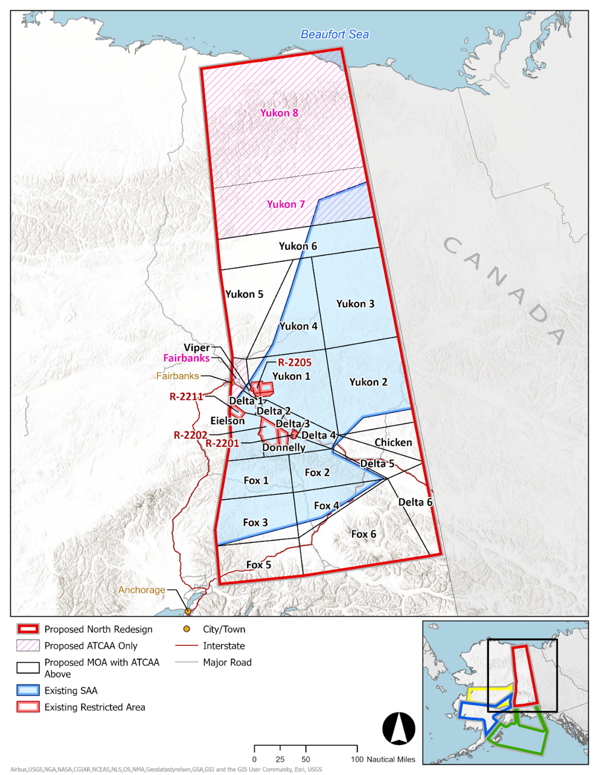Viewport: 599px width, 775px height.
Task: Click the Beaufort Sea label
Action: click(334, 34)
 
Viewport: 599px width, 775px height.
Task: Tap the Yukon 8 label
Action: click(279, 113)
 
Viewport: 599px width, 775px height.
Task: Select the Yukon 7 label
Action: click(286, 204)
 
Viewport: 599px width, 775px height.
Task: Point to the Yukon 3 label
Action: click(355, 304)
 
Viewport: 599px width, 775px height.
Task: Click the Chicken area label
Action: click(393, 442)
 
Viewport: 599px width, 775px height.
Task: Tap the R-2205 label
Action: click(295, 363)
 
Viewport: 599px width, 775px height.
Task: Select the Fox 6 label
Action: click(364, 534)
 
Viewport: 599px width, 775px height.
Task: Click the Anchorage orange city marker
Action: click(187, 611)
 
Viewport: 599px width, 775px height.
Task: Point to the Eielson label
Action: click(228, 421)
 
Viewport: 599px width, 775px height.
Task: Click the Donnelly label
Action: click(284, 447)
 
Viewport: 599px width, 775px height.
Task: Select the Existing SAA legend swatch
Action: click(28, 690)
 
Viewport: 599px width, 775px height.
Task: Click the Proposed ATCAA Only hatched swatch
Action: click(28, 645)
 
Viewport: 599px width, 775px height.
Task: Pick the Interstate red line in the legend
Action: click(186, 646)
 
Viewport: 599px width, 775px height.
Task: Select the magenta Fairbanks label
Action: click(186, 358)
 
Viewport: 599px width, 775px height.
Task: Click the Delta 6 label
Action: click(415, 502)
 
